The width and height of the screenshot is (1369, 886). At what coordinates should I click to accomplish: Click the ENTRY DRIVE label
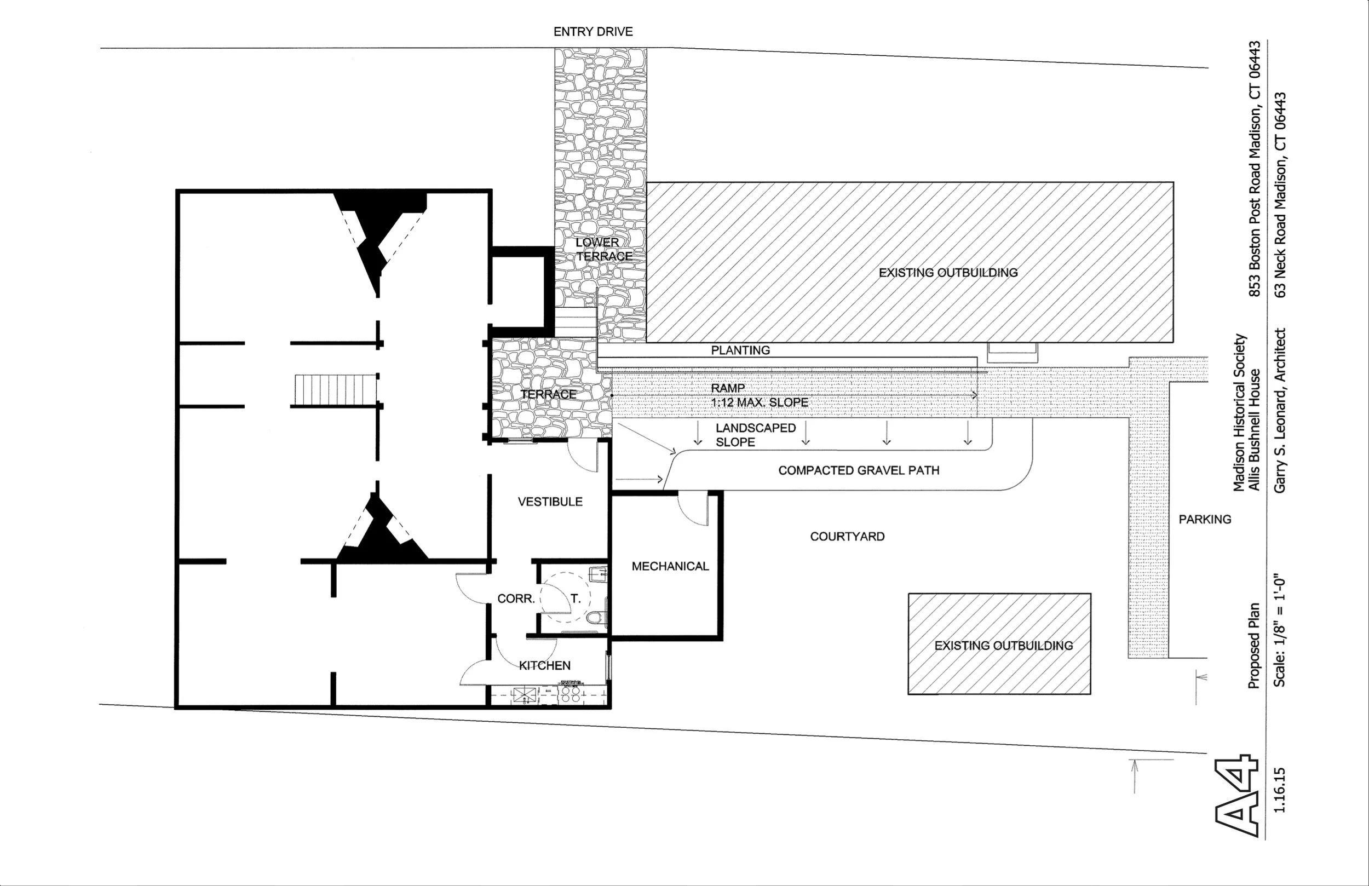[593, 32]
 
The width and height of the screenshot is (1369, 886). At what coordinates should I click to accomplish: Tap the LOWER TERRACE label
[603, 249]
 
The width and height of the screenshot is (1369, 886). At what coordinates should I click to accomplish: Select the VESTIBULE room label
[550, 502]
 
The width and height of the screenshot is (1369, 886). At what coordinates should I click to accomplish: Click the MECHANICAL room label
[670, 566]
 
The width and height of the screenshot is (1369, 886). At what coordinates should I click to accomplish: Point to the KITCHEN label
[545, 666]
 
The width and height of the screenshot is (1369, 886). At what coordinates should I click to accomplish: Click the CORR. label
[516, 599]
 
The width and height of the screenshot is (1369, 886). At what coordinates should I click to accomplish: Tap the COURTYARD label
[847, 536]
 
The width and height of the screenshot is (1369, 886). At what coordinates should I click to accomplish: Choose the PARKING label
[1205, 519]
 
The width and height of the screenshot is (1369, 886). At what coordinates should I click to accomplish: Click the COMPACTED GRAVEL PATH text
[859, 470]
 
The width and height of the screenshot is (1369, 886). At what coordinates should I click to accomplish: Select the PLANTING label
[740, 350]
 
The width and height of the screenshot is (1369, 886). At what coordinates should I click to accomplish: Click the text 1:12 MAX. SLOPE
[760, 402]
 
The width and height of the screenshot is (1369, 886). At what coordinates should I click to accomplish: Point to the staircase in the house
[336, 389]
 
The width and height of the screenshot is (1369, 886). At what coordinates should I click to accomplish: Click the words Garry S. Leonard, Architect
[1280, 410]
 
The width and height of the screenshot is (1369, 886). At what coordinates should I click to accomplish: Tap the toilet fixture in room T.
[597, 617]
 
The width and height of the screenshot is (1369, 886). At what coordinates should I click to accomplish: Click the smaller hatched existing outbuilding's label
[1004, 646]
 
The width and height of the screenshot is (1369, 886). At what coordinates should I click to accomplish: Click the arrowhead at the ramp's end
[974, 395]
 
